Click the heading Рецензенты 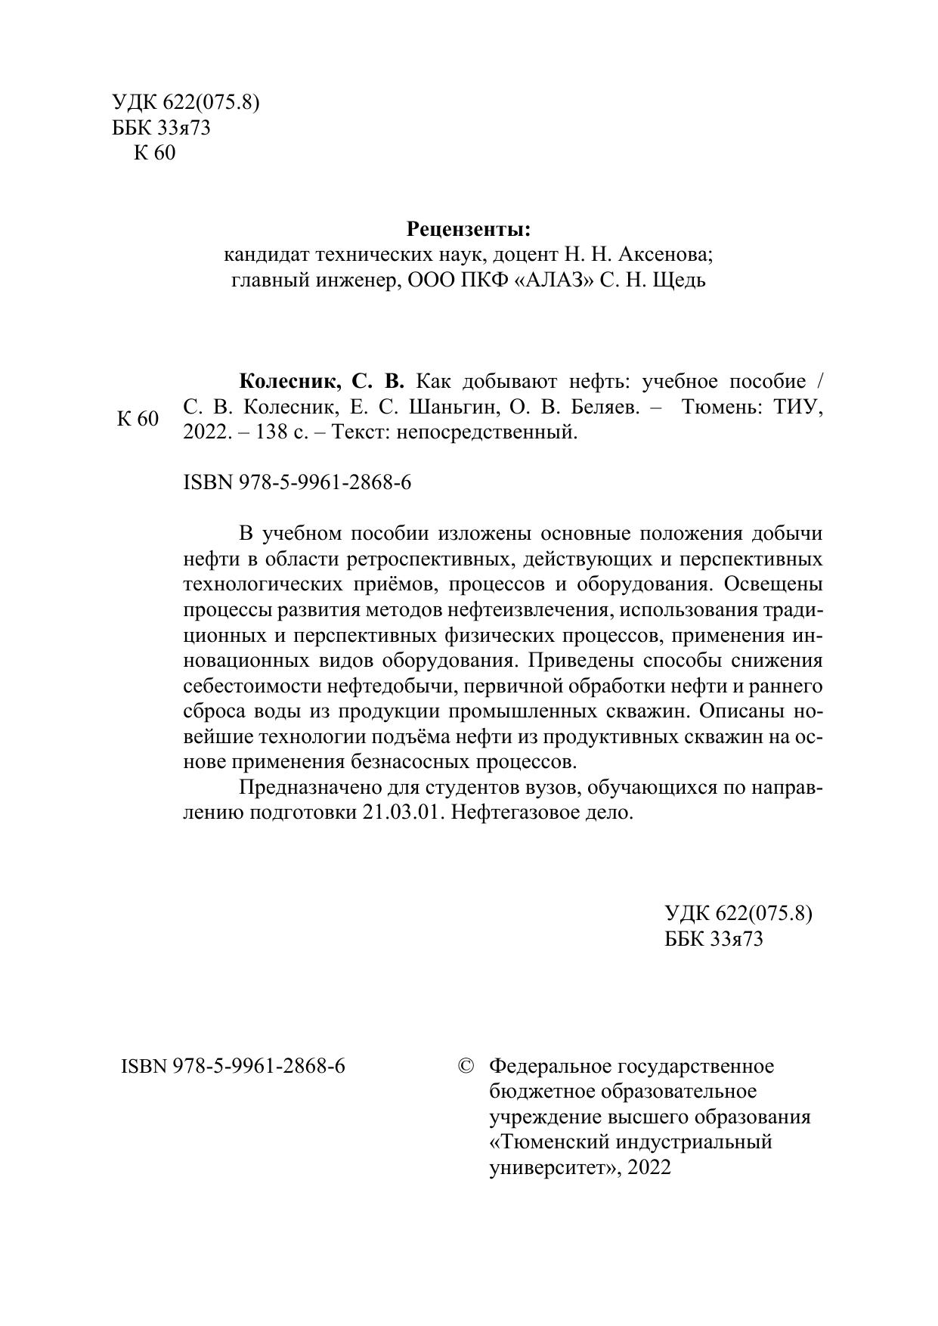click(x=469, y=228)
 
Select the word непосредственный click(x=488, y=432)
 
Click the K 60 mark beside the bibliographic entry click(x=138, y=419)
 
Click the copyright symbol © click(x=466, y=1066)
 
